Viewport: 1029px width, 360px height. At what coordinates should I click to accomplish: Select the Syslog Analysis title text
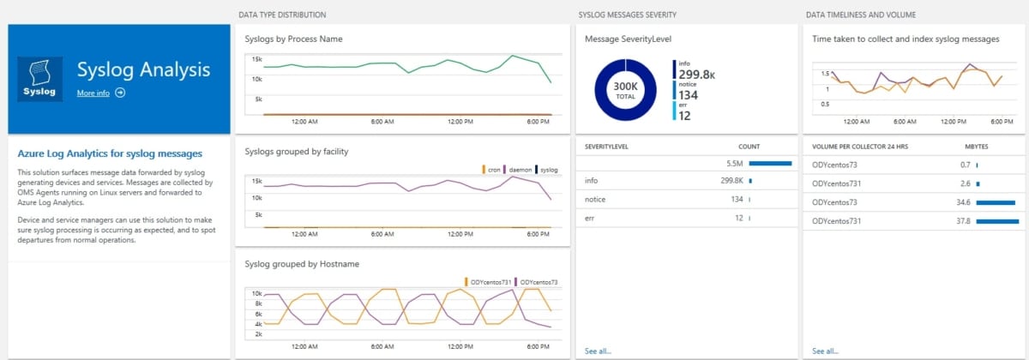click(143, 69)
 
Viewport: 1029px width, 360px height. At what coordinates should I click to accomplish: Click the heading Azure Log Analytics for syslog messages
click(110, 153)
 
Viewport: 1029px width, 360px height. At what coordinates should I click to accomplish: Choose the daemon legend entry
click(519, 170)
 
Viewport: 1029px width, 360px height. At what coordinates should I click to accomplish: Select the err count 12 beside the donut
click(684, 116)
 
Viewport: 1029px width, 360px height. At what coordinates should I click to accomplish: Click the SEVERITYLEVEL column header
click(607, 147)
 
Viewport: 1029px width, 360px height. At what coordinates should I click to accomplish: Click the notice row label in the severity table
click(594, 200)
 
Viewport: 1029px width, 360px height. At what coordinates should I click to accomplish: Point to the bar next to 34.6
click(995, 202)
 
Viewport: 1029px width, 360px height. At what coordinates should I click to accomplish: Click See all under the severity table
click(598, 351)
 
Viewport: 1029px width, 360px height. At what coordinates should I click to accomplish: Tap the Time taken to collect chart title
click(906, 39)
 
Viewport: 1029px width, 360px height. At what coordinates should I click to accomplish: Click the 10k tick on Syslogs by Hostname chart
click(256, 293)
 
